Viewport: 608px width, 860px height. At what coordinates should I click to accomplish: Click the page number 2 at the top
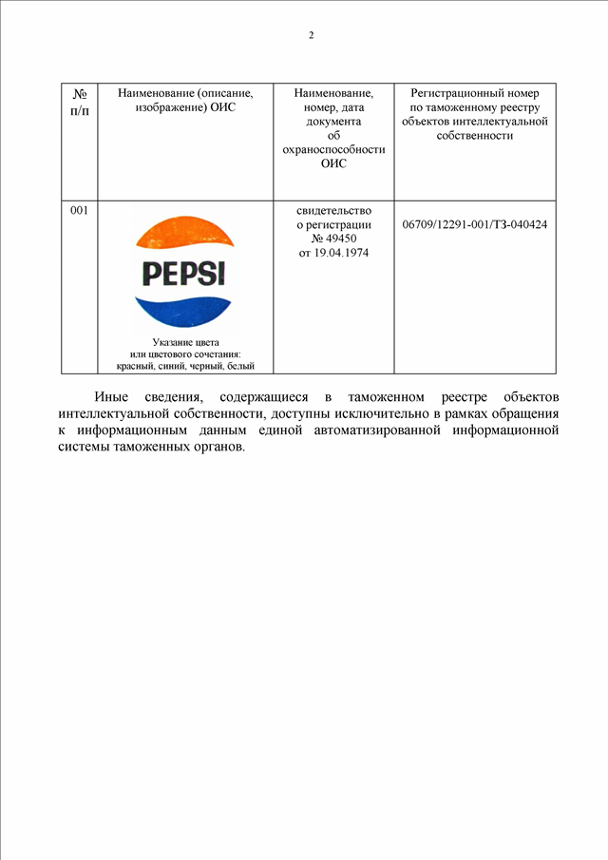tap(311, 36)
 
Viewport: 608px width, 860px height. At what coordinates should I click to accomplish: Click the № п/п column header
tap(80, 101)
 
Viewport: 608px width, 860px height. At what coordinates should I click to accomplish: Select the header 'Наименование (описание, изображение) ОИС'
tap(185, 101)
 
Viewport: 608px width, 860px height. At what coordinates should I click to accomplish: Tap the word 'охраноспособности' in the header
tap(333, 149)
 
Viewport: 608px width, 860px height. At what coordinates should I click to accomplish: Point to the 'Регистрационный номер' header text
tap(475, 93)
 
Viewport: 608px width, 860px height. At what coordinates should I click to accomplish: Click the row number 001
tap(80, 211)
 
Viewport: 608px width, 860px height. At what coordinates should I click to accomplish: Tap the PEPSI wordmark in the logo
tap(184, 275)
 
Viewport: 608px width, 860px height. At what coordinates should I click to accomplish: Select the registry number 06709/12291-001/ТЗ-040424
tap(475, 225)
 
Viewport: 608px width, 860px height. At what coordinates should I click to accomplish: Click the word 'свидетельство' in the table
tap(333, 210)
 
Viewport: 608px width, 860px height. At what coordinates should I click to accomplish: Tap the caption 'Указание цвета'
tap(185, 342)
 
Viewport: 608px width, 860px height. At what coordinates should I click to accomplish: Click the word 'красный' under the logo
tap(135, 366)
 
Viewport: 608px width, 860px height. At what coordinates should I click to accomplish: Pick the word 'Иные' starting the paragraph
tap(110, 396)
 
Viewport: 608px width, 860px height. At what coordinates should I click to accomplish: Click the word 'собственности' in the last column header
tap(475, 136)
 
